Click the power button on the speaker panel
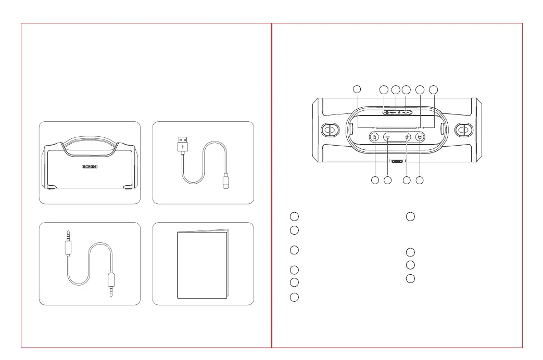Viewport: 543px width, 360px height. pos(375,137)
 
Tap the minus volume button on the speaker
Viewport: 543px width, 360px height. pos(388,137)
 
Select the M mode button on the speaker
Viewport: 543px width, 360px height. pos(420,137)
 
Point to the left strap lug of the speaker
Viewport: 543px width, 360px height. pos(329,128)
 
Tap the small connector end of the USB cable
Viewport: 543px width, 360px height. pos(225,182)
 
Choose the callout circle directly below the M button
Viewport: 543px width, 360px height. pos(420,181)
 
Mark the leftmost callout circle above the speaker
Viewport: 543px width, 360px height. pos(357,89)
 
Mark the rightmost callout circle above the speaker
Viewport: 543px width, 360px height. pos(434,89)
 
